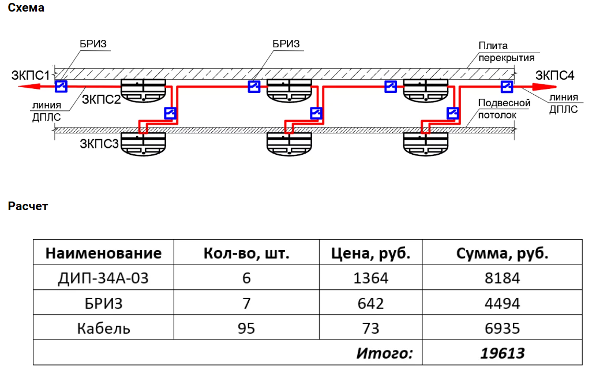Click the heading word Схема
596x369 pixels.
click(26, 8)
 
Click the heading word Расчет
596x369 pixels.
click(28, 206)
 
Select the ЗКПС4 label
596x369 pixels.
click(554, 75)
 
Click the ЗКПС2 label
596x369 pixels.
click(101, 99)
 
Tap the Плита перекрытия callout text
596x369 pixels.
click(507, 51)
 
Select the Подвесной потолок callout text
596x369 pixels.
click(504, 109)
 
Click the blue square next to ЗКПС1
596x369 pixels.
click(61, 87)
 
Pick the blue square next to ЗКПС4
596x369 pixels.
click(506, 87)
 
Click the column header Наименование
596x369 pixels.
click(103, 253)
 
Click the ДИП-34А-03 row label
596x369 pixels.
click(103, 278)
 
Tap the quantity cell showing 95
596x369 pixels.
click(246, 328)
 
